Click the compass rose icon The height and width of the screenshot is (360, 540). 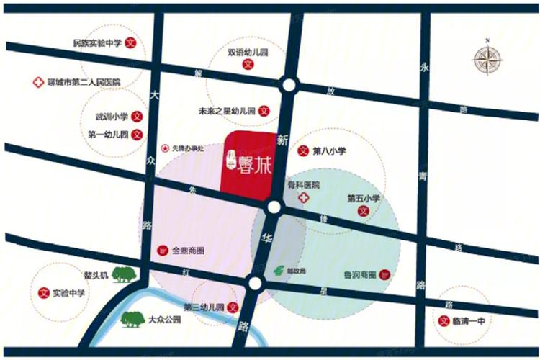tap(488, 58)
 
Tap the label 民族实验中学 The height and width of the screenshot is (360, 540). tap(96, 42)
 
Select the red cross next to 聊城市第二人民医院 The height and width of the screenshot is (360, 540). tap(37, 82)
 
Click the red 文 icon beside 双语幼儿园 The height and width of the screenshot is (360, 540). tap(247, 64)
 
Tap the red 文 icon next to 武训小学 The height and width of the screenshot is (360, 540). tap(138, 116)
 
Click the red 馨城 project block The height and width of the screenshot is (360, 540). tap(251, 163)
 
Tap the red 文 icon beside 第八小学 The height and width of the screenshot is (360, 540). tap(302, 151)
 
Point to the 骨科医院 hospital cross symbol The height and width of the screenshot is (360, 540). tap(304, 199)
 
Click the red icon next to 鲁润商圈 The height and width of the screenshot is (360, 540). tap(384, 274)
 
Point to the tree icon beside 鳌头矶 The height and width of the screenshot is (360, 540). tap(125, 274)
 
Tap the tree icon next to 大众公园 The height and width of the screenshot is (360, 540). tap(133, 318)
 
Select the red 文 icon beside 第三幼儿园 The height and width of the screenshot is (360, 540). tap(233, 307)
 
